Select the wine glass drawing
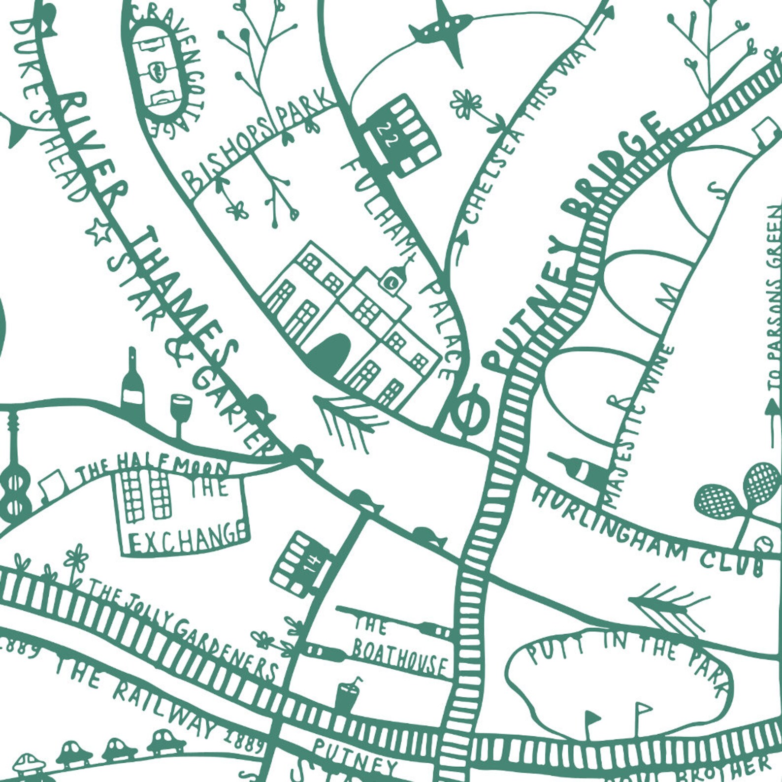(180, 414)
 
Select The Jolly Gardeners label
(182, 628)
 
